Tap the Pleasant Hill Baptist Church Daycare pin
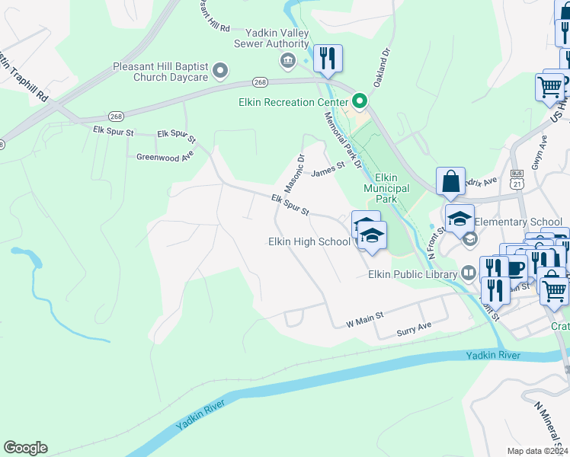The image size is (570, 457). (x=221, y=72)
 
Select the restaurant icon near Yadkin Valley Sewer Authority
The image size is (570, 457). (x=328, y=59)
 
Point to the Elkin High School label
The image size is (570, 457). (x=309, y=242)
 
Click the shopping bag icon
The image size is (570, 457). (x=450, y=183)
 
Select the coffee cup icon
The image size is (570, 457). (x=516, y=267)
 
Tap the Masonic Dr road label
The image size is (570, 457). (x=295, y=174)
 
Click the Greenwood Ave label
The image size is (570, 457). (x=165, y=156)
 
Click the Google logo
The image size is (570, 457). (x=25, y=448)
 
